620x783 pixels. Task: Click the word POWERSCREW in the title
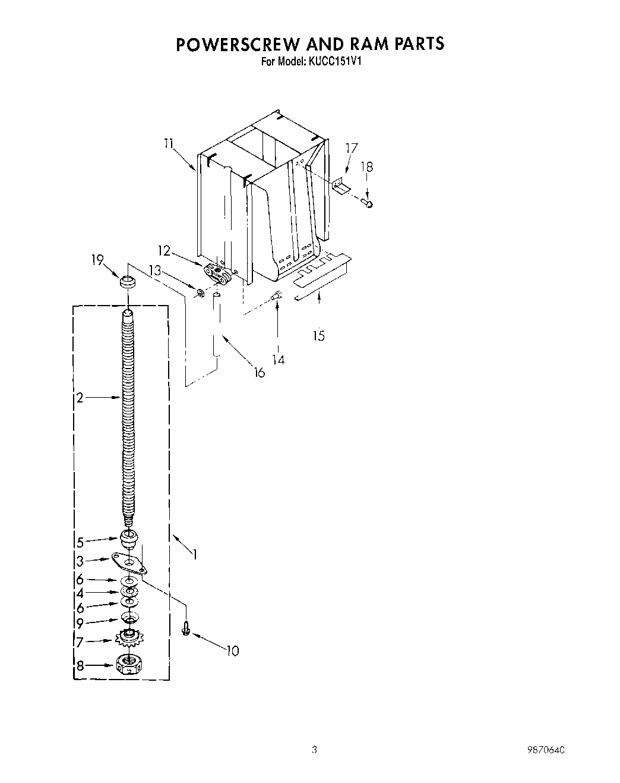[x=238, y=45]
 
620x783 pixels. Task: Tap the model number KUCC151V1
[x=336, y=61]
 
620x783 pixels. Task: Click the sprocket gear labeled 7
[x=128, y=640]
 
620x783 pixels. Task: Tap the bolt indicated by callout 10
[x=186, y=628]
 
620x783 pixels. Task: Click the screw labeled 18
[x=368, y=203]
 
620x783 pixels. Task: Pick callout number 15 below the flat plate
[x=319, y=336]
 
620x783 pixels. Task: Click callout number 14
[x=278, y=359]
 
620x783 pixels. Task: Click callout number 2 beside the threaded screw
[x=80, y=398]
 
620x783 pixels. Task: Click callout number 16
[x=259, y=373]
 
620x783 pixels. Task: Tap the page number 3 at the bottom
[x=315, y=750]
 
